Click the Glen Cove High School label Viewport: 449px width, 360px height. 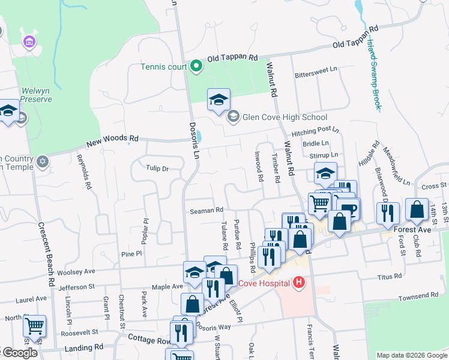(x=285, y=117)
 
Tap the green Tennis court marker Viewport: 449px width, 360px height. (x=196, y=66)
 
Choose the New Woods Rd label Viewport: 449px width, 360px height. (x=112, y=142)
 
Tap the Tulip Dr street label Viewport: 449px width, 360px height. (x=157, y=169)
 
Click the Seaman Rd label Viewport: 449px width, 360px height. (x=206, y=210)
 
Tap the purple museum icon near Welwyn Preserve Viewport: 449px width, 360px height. (x=28, y=41)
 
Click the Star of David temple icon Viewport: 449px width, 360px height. (x=42, y=161)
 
